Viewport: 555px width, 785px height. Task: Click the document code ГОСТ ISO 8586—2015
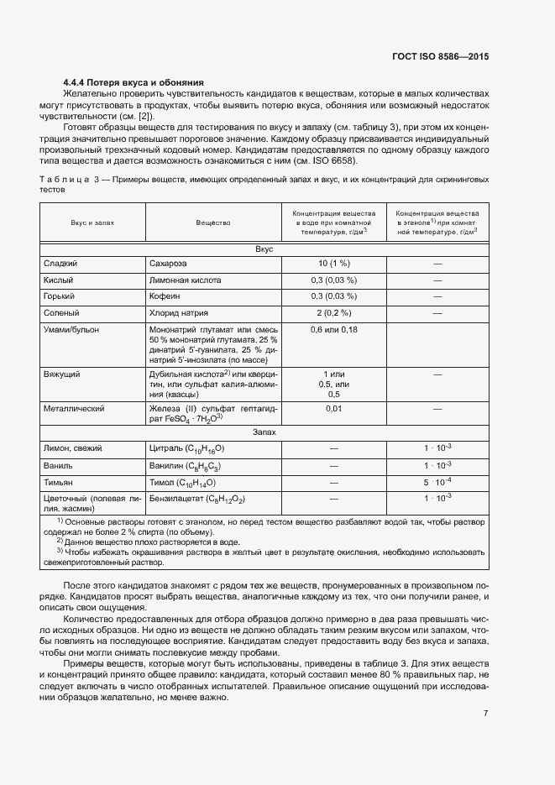click(x=440, y=57)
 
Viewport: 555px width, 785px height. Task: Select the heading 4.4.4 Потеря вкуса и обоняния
click(x=134, y=83)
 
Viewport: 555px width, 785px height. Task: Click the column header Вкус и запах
click(x=92, y=222)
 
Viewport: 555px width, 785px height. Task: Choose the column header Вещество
click(x=213, y=222)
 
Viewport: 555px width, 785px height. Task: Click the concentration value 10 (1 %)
click(x=333, y=264)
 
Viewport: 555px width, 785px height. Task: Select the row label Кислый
click(x=58, y=280)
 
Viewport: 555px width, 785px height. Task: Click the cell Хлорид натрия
click(x=179, y=313)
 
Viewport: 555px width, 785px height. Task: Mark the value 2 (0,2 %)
click(x=333, y=313)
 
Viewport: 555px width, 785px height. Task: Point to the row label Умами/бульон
click(x=71, y=330)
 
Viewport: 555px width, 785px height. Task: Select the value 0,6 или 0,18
click(x=333, y=330)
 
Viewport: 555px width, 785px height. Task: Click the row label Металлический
click(x=73, y=409)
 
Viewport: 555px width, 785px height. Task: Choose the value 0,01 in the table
click(x=333, y=409)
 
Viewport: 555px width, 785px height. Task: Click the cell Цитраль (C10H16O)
click(x=186, y=448)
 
